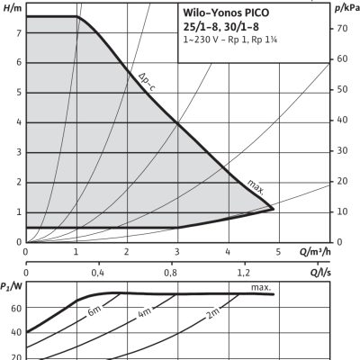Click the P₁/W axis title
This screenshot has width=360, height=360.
click(12, 287)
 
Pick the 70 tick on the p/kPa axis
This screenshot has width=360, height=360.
click(343, 28)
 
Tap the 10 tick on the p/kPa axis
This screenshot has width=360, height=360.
click(343, 211)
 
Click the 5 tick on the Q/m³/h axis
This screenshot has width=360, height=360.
click(278, 252)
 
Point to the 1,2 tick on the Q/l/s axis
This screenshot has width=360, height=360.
click(243, 271)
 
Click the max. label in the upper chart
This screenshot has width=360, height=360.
click(256, 186)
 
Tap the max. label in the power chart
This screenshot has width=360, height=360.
click(261, 288)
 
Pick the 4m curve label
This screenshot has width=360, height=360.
click(144, 315)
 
